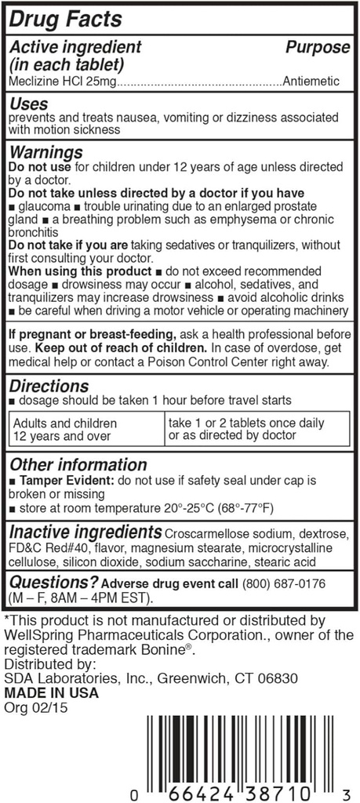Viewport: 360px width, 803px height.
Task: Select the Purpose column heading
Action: tap(317, 48)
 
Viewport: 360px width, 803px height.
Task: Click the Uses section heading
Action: tap(28, 104)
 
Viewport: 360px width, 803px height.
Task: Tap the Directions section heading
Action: tap(49, 386)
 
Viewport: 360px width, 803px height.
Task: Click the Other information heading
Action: tap(78, 464)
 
